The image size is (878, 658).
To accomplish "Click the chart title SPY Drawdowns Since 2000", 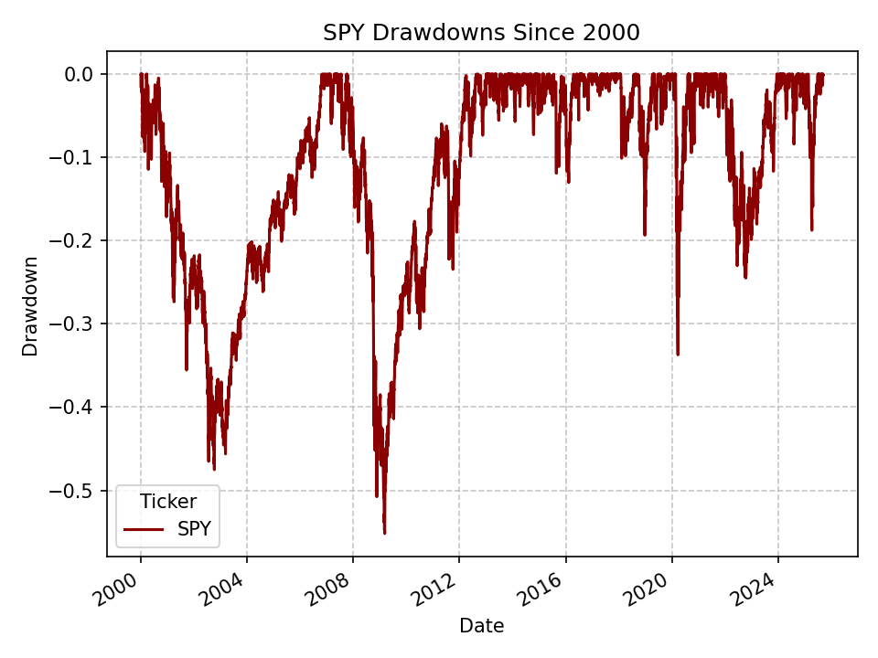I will [x=481, y=33].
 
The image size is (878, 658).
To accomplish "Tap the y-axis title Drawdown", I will [x=31, y=306].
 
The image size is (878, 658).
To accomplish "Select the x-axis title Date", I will [x=481, y=626].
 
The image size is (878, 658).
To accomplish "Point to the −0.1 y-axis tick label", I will [x=73, y=157].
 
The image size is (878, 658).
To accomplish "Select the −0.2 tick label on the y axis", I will [x=73, y=240].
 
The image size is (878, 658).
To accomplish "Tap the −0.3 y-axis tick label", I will [x=73, y=324].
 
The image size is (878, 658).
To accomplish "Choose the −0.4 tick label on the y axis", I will [x=73, y=407].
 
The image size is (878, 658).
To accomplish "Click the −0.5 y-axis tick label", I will [x=73, y=491].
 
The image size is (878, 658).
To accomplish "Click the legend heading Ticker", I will [x=167, y=501].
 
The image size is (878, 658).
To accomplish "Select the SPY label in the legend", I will [x=195, y=529].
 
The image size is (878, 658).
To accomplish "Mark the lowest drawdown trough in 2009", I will [x=384, y=533].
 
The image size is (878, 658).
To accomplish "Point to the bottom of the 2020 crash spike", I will [x=677, y=354].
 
